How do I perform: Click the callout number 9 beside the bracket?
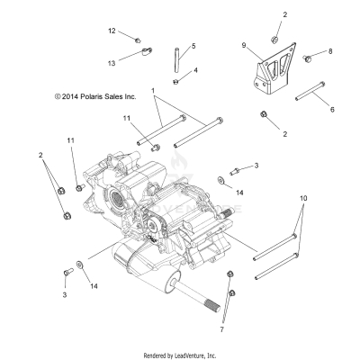[x=243, y=45]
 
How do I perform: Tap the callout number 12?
[x=112, y=31]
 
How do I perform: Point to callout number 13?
[x=112, y=63]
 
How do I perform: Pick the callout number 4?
[x=196, y=70]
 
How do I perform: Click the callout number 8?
[x=330, y=51]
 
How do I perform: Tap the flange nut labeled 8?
[x=308, y=58]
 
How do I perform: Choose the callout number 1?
[x=153, y=91]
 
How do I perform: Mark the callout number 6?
[x=331, y=109]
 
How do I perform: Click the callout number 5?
[x=193, y=45]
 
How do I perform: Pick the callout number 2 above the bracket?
[x=285, y=15]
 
